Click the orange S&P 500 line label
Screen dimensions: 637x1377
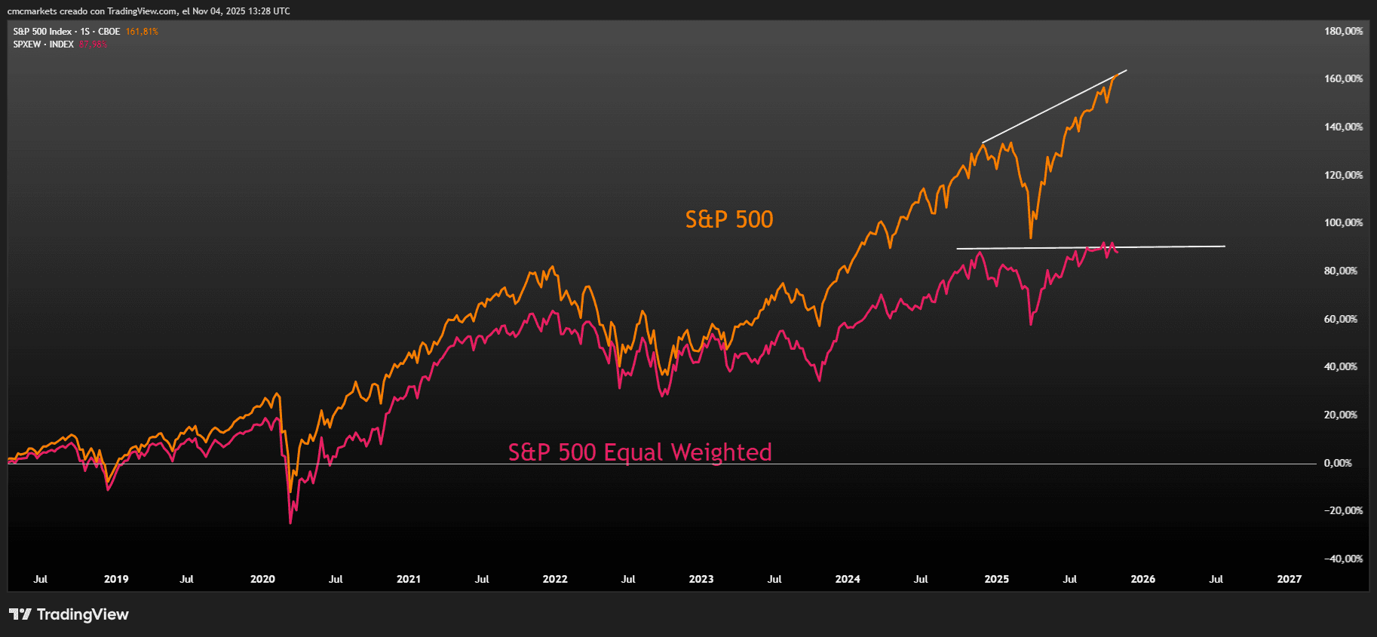(728, 219)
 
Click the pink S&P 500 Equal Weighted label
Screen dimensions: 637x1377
(639, 452)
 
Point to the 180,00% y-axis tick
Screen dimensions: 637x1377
(1343, 31)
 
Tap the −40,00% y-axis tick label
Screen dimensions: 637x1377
(1343, 559)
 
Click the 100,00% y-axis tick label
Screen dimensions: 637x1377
(1343, 222)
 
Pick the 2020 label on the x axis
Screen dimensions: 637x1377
(262, 579)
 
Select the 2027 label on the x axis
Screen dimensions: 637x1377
(1289, 579)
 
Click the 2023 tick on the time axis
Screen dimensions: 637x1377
(701, 579)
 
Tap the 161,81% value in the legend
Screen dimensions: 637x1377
(142, 32)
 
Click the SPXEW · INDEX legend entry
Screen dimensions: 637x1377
(43, 44)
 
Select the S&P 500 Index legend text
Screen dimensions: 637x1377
(42, 32)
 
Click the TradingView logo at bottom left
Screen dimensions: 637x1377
(69, 614)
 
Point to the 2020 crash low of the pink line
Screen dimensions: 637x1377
(290, 522)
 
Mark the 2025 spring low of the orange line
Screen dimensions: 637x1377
(1031, 237)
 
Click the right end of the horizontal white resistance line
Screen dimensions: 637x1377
(1224, 246)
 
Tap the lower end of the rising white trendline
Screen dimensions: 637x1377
(983, 142)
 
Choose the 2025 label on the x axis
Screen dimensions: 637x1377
(996, 579)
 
